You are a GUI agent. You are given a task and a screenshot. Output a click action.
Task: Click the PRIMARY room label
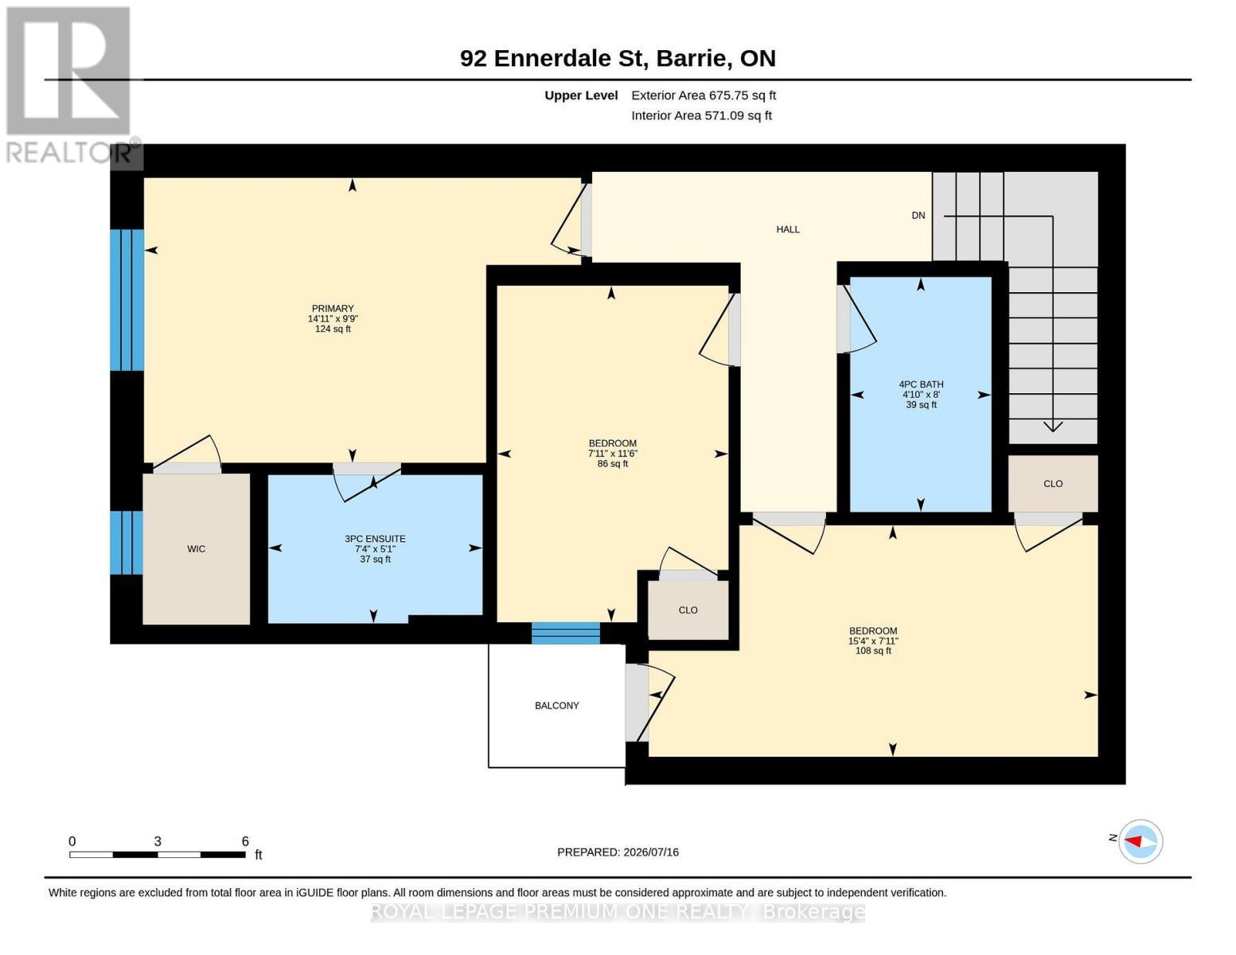(x=333, y=308)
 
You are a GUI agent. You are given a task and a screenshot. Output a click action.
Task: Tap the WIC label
(x=197, y=549)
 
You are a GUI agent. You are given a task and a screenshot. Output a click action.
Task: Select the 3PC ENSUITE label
(x=375, y=539)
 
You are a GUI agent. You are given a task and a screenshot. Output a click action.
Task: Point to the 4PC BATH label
(x=921, y=384)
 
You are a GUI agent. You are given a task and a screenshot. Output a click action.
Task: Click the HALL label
(x=788, y=229)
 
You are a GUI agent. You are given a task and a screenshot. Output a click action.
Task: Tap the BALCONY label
(x=557, y=705)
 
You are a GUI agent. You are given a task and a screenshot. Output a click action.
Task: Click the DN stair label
(x=918, y=215)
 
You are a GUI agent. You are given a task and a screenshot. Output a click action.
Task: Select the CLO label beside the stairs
(x=1053, y=484)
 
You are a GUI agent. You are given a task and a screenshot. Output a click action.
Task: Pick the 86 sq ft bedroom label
(x=613, y=454)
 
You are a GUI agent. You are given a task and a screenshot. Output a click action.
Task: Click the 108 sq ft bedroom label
(x=873, y=641)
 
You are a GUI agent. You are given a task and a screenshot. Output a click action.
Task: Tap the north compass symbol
(x=1140, y=841)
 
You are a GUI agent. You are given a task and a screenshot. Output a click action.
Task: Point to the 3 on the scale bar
(x=158, y=841)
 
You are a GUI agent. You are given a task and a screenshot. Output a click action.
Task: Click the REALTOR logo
(x=71, y=85)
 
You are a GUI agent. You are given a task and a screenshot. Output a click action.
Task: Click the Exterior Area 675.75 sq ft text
(x=704, y=95)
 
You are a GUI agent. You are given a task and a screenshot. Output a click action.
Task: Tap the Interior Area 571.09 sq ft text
(x=701, y=115)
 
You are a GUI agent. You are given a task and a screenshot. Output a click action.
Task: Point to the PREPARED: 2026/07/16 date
(x=618, y=852)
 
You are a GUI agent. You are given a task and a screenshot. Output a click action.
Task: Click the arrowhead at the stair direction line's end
(x=1053, y=427)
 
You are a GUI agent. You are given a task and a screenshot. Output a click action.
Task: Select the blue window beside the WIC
(x=127, y=543)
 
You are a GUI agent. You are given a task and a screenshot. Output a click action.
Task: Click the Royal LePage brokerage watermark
(x=618, y=912)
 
